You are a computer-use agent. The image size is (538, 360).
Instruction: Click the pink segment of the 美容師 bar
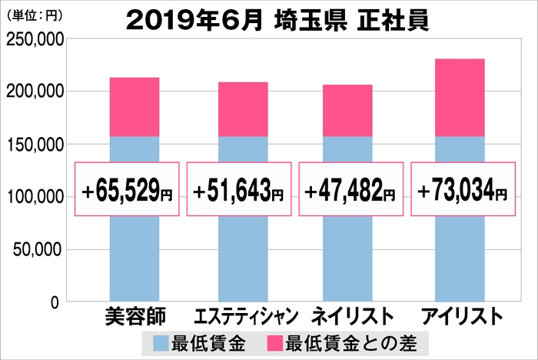[x=134, y=107]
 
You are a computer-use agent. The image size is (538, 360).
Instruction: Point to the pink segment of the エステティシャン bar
[x=243, y=109]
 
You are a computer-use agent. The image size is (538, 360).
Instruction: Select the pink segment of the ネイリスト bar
[x=347, y=110]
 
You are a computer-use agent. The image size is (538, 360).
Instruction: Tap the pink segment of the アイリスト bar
[x=460, y=98]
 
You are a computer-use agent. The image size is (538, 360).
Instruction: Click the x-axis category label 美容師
[x=134, y=317]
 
